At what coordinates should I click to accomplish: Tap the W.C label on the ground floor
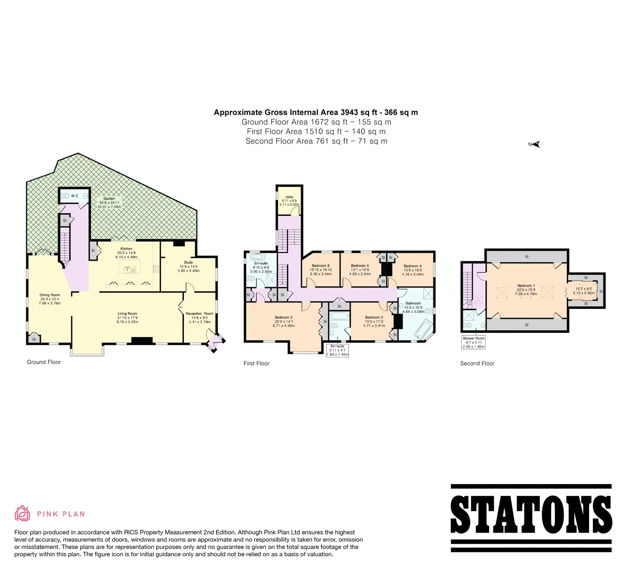[x=75, y=196]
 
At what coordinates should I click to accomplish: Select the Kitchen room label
[x=126, y=249]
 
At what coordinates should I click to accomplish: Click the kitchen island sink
[x=127, y=270]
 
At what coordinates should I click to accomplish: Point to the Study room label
[x=189, y=262]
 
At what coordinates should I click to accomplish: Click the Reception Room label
[x=200, y=314]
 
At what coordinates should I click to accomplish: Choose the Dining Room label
[x=50, y=295]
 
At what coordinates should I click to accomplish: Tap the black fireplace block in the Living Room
[x=142, y=341]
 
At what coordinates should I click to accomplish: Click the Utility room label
[x=289, y=197]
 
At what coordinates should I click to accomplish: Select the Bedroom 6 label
[x=321, y=265]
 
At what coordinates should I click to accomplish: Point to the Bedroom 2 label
[x=284, y=317]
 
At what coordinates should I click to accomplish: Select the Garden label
[x=109, y=198]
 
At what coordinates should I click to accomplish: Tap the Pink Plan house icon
[x=22, y=513]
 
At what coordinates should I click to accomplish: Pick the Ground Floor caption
[x=44, y=362]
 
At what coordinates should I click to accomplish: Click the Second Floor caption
[x=477, y=363]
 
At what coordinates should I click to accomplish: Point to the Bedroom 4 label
[x=413, y=266]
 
